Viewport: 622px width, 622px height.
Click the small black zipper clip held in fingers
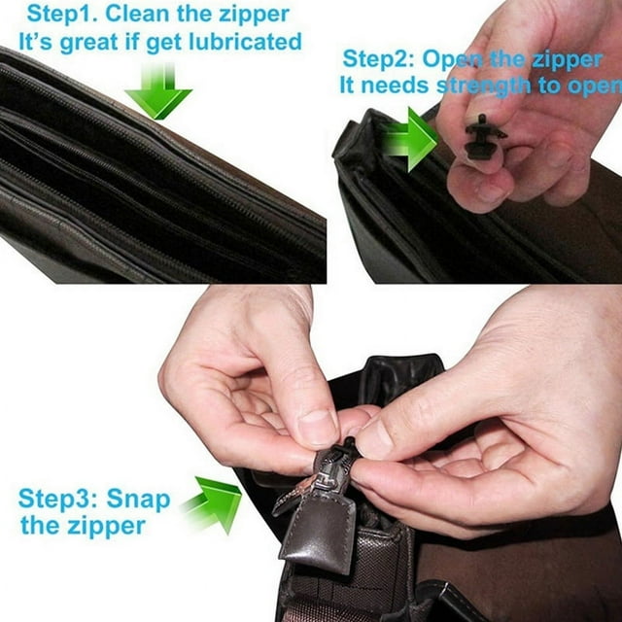pos(483,136)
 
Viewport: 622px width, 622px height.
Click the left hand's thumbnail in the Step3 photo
pos(318,428)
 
